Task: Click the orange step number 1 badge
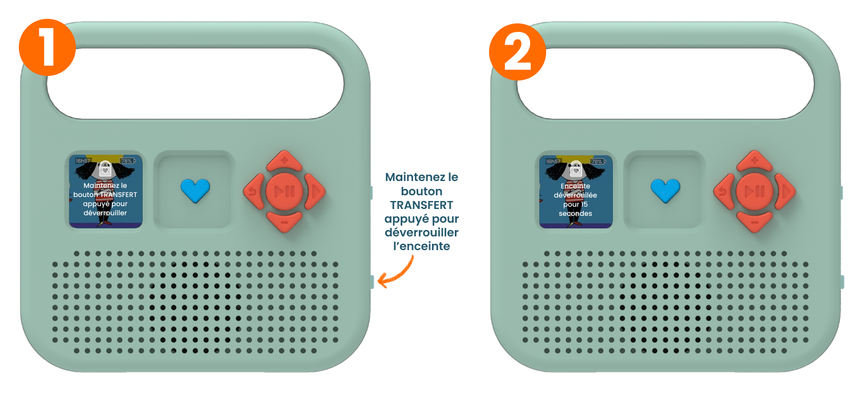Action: pos(47,49)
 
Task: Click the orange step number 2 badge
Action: pos(517,50)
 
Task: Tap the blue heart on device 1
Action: pos(195,190)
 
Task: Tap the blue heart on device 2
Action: pos(665,190)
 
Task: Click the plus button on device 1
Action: pos(284,161)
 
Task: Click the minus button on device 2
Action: pos(754,221)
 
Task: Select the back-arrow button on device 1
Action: pos(254,191)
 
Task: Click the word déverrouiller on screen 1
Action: pos(106,213)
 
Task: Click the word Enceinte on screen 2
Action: pos(575,186)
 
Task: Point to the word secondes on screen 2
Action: pos(575,214)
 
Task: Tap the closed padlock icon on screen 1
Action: pos(105,169)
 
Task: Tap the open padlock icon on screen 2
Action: pos(575,168)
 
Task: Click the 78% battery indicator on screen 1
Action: pos(127,161)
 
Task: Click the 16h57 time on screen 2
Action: pos(554,161)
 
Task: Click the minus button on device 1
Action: pos(284,221)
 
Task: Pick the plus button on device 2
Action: pos(754,161)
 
